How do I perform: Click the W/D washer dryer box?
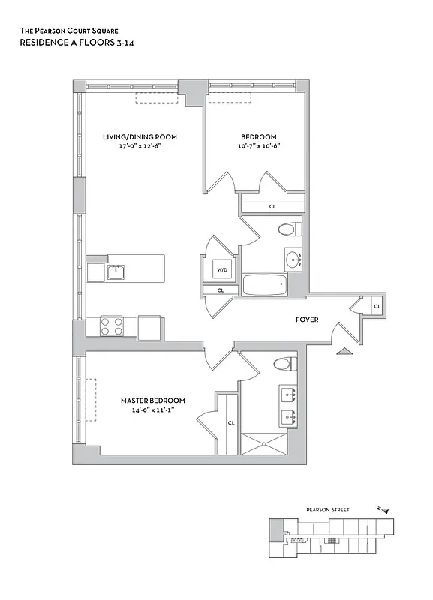(222, 269)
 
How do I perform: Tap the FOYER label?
(307, 319)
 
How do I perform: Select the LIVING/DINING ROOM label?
(140, 136)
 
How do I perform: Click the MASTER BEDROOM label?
(153, 400)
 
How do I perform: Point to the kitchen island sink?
(115, 270)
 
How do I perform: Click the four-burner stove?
(112, 326)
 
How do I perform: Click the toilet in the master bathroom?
(282, 364)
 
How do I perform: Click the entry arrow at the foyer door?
(345, 351)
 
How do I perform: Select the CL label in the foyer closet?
(377, 306)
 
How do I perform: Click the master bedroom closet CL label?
(231, 423)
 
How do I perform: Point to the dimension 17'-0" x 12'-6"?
(140, 146)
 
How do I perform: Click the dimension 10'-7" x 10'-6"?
(259, 146)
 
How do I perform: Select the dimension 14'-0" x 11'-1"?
(153, 410)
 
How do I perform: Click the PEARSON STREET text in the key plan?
(328, 510)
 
